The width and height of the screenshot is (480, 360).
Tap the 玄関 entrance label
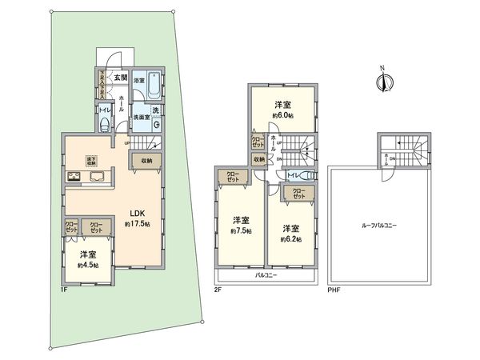119,77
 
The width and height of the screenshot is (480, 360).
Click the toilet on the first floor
105,122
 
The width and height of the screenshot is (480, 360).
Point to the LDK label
138,213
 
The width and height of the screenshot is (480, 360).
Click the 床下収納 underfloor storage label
90,159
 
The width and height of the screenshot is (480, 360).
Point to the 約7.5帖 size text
240,232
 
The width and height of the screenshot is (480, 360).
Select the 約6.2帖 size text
290,238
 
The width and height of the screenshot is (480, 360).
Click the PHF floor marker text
334,290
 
